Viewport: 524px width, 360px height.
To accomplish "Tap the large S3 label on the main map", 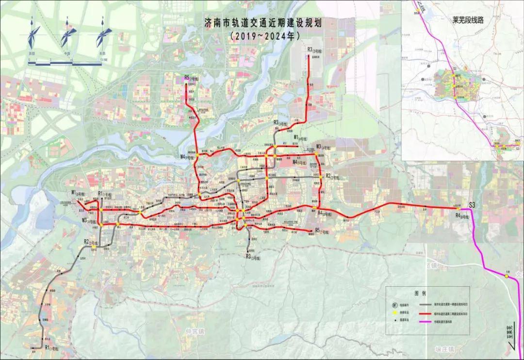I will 472,205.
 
